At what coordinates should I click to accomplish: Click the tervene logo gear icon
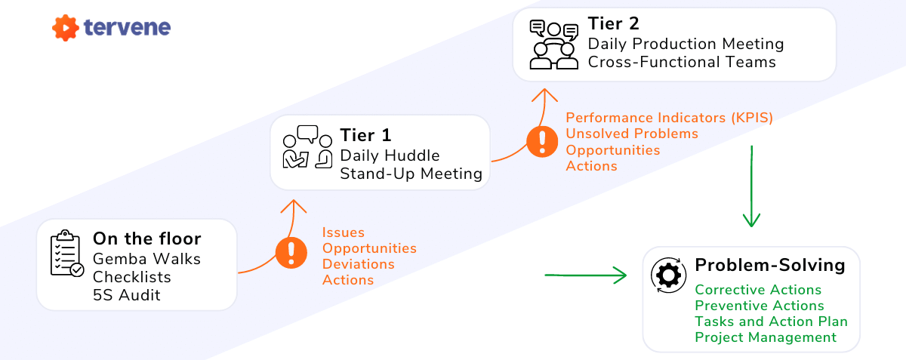(66, 29)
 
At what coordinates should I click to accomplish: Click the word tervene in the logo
(127, 28)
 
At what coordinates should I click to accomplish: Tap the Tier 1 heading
(365, 136)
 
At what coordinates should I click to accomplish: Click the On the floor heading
(146, 239)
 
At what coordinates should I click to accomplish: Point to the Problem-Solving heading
(769, 266)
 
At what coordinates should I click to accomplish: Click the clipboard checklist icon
(66, 254)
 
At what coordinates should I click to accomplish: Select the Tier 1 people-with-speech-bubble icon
(307, 147)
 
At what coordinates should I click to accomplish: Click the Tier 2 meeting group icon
(553, 44)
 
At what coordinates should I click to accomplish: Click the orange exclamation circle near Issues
(290, 253)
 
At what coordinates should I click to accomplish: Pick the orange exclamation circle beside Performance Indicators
(541, 141)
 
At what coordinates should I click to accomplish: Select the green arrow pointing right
(586, 275)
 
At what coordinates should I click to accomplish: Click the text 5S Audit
(127, 294)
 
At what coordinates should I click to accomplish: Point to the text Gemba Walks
(146, 259)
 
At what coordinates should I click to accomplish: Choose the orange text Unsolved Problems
(631, 134)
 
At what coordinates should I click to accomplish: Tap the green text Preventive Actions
(759, 306)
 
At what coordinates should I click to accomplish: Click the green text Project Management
(765, 337)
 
